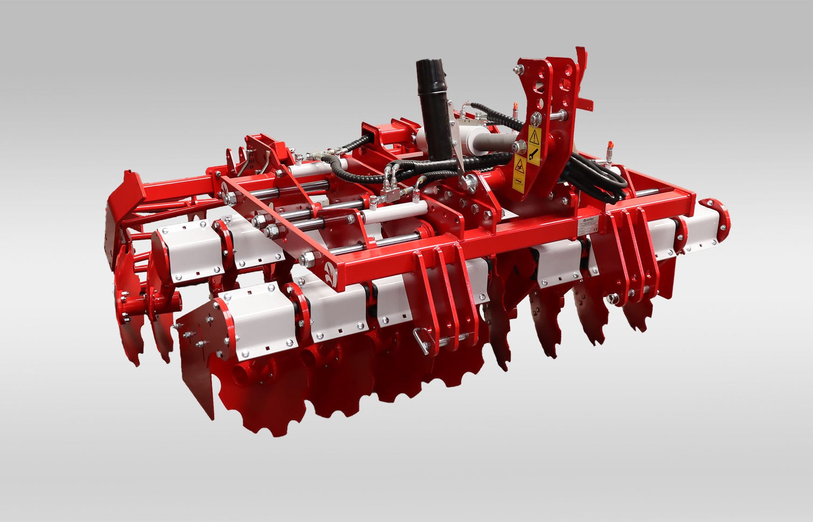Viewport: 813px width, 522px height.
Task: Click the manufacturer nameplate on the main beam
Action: [x=590, y=227]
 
